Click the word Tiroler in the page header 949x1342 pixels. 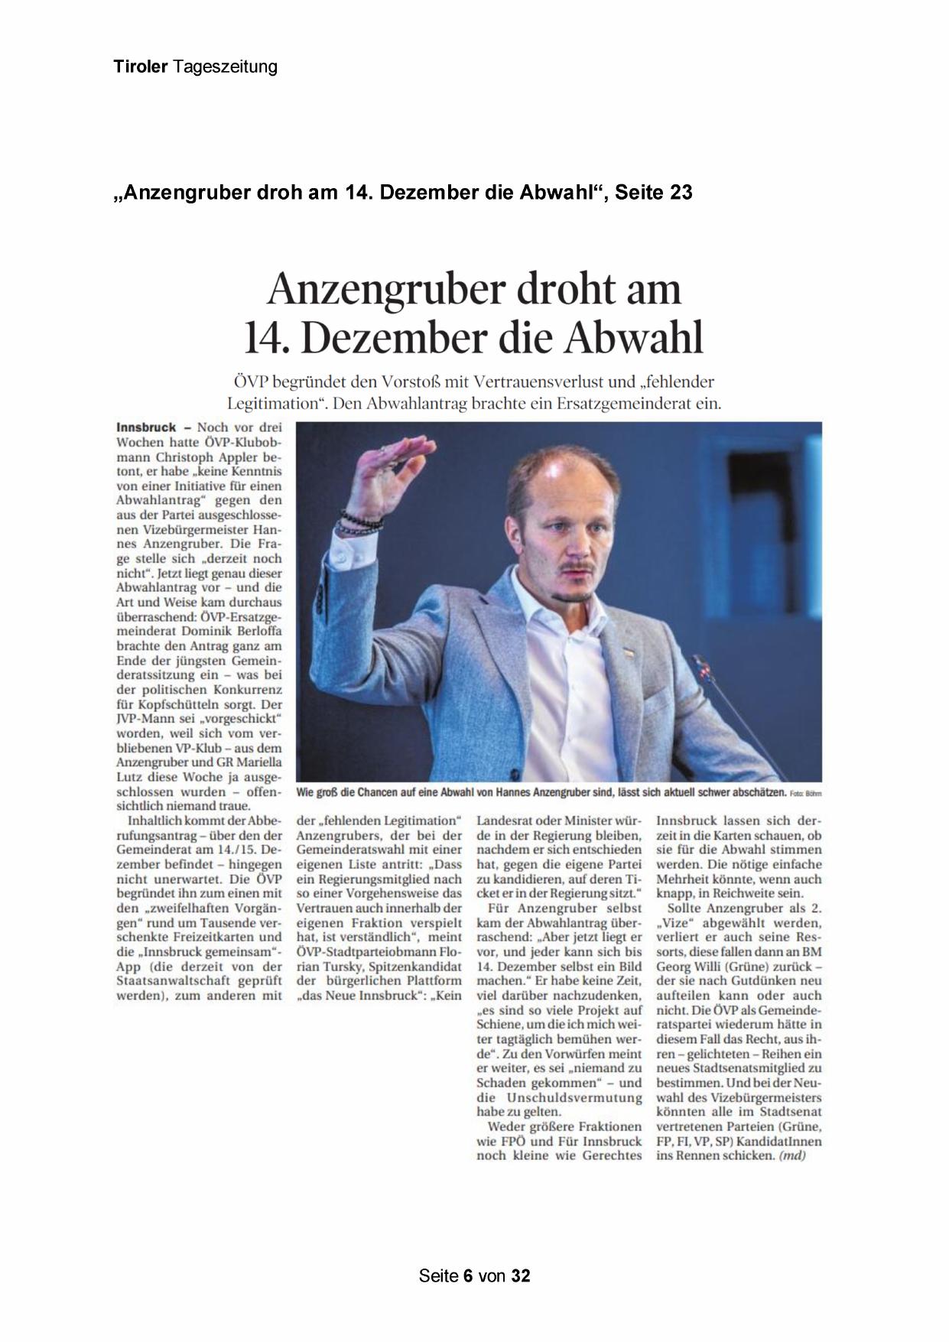(141, 67)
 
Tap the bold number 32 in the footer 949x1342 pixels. (521, 1275)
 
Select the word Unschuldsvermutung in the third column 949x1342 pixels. (580, 1097)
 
